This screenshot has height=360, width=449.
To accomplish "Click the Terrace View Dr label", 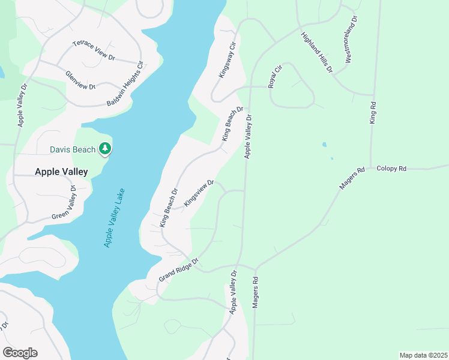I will point(94,50).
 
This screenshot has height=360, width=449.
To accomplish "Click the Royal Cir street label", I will point(275,77).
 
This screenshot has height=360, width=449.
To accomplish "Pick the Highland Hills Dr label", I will point(317,52).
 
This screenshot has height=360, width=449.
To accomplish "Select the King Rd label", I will point(373,113).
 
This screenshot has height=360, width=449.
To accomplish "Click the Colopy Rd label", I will point(391,169).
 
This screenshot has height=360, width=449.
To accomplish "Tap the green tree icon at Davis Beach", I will point(106,148).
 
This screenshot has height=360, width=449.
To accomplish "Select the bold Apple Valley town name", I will point(61,172).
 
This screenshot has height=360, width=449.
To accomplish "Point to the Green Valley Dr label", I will point(64,203).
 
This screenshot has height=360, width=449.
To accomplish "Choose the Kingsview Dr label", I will point(199,193).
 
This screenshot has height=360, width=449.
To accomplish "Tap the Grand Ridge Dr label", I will point(178,271).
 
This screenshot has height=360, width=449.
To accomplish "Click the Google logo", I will point(20,353).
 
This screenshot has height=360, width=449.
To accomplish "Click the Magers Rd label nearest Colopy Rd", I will point(352,179).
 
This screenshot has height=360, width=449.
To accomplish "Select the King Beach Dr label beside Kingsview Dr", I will point(169,208).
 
